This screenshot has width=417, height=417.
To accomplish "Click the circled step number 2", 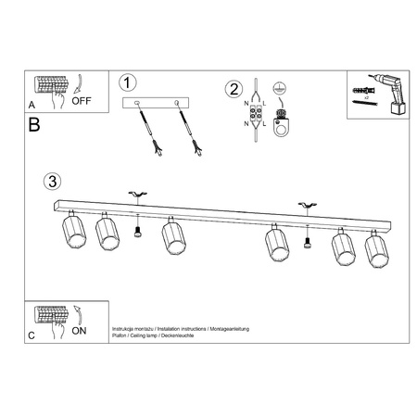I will (234, 89).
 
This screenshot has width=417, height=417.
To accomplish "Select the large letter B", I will (34, 124).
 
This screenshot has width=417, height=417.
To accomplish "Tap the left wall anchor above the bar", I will (137, 194).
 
